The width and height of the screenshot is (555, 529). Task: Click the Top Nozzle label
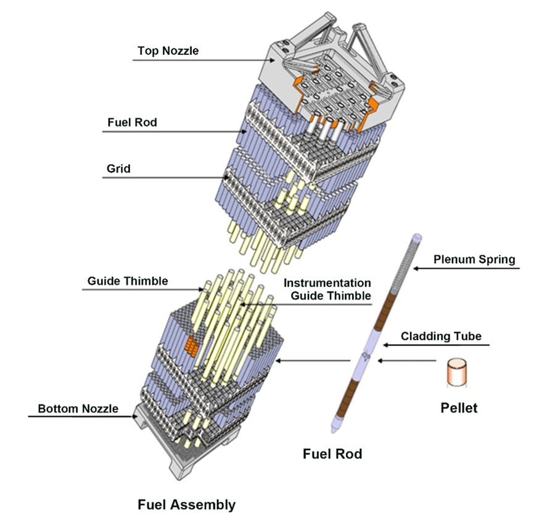click(x=168, y=51)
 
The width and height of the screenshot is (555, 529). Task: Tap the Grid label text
click(x=118, y=168)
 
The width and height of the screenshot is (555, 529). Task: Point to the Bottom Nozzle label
click(x=78, y=408)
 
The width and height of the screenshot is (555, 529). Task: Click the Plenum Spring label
click(x=474, y=259)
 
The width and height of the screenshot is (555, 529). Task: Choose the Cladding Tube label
click(x=441, y=336)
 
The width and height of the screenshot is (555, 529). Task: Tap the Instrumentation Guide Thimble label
click(x=327, y=289)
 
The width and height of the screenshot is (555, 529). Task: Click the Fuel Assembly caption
click(x=186, y=504)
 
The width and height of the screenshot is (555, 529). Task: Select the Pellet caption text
click(x=458, y=408)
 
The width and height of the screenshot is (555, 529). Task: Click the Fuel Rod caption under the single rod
click(x=332, y=454)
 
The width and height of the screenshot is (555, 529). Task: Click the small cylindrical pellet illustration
click(x=457, y=373)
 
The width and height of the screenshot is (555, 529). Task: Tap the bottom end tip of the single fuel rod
click(x=333, y=427)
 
